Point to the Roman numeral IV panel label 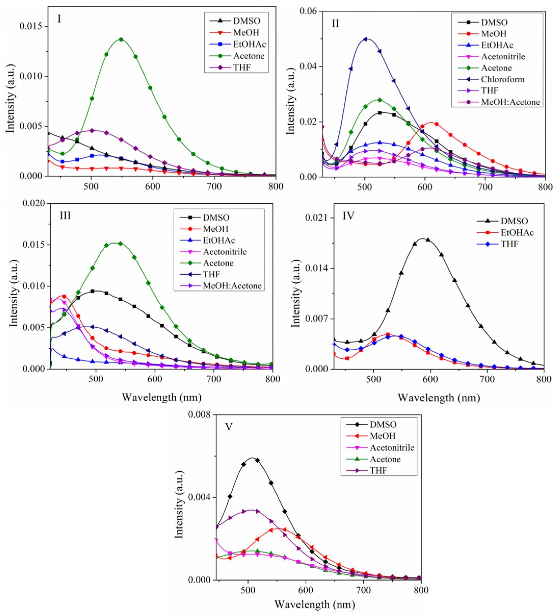click(x=348, y=216)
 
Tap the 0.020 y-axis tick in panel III click(x=34, y=203)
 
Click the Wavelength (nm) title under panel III click(x=162, y=397)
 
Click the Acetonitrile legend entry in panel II click(x=503, y=56)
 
